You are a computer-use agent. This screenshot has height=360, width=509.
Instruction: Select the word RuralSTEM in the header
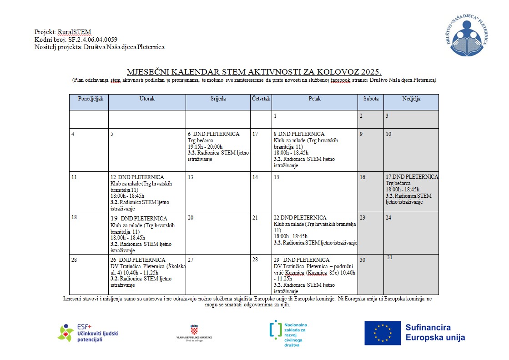pyautogui.click(x=75, y=32)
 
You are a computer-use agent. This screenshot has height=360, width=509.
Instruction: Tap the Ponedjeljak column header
pyautogui.click(x=88, y=99)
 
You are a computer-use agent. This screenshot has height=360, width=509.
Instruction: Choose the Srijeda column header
pyautogui.click(x=218, y=99)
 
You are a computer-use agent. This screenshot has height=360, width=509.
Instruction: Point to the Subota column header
pyautogui.click(x=370, y=99)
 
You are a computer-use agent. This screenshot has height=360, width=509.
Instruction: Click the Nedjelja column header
pyautogui.click(x=411, y=99)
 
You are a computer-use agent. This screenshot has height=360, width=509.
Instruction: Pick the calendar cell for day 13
pyautogui.click(x=218, y=191)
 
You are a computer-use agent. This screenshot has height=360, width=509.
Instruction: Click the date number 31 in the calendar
pyautogui.click(x=390, y=257)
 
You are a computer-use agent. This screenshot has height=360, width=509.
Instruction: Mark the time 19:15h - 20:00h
pyautogui.click(x=205, y=147)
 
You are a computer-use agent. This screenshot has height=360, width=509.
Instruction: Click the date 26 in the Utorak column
pyautogui.click(x=114, y=260)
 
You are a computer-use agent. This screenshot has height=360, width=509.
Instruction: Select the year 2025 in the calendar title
pyautogui.click(x=369, y=72)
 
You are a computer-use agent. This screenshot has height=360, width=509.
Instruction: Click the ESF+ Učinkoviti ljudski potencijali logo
pyautogui.click(x=88, y=333)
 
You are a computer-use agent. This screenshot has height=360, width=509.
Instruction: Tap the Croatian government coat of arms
pyautogui.click(x=194, y=329)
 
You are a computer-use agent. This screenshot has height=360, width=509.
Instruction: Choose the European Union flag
pyautogui.click(x=382, y=333)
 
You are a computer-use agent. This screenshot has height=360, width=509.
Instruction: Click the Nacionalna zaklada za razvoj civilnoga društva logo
pyautogui.click(x=288, y=334)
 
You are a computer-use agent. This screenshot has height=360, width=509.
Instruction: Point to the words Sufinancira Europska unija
pyautogui.click(x=435, y=333)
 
